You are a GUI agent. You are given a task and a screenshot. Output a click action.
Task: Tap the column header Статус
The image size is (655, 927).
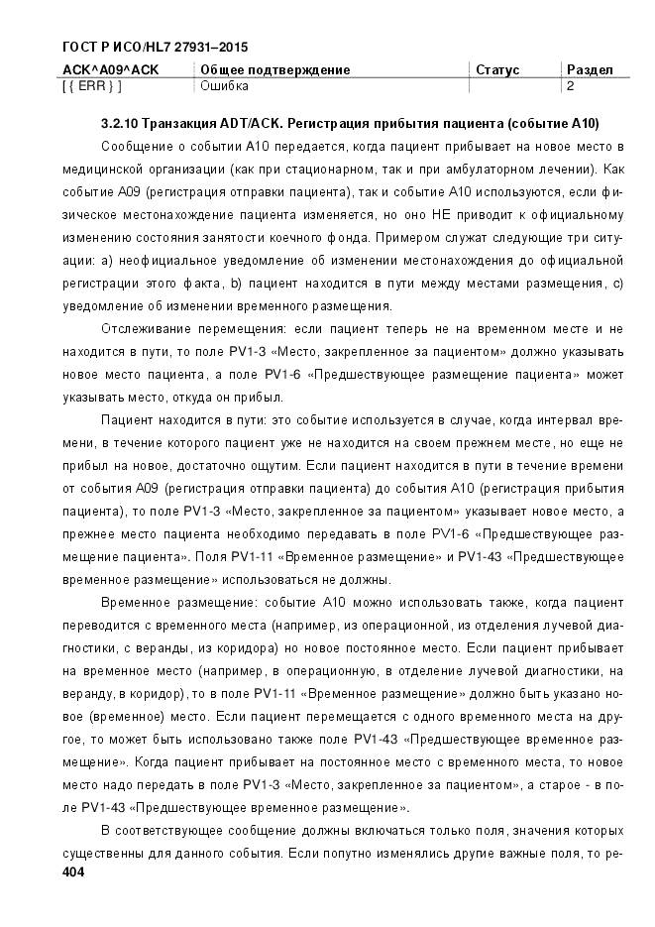[497, 70]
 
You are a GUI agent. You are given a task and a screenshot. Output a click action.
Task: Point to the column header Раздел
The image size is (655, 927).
[590, 70]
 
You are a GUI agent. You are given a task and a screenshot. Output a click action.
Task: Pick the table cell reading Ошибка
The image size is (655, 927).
[224, 86]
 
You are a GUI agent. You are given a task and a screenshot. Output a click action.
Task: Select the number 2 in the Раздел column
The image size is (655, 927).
[570, 86]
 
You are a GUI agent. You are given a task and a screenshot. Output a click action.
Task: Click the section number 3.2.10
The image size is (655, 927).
[120, 124]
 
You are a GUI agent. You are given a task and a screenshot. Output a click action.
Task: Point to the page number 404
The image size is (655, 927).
[75, 871]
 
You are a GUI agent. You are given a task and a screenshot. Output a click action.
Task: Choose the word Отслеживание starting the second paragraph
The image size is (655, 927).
[146, 328]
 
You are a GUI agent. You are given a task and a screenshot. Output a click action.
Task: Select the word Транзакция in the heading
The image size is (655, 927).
[178, 124]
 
